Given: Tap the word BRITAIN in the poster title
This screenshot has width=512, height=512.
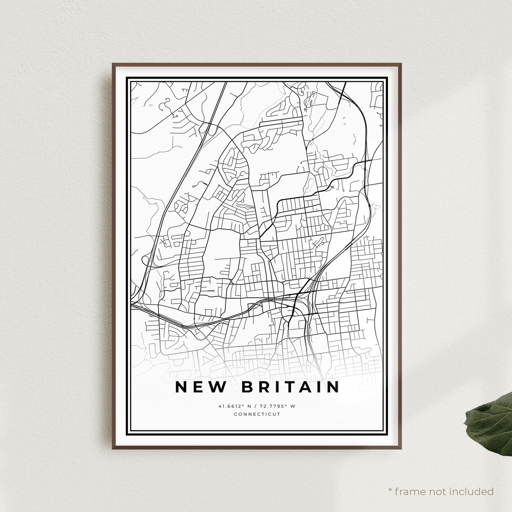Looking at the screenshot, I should click(291, 387).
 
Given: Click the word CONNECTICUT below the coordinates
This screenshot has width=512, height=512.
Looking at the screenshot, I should click(257, 414).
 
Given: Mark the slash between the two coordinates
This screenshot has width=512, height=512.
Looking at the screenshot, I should click(257, 406).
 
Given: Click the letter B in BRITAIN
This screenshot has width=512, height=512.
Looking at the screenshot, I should click(247, 387).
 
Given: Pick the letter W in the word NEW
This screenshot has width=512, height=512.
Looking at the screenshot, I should click(217, 387).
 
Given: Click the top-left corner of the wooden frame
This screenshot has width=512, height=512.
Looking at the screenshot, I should click(113, 64).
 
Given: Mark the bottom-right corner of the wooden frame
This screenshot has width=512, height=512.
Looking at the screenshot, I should click(401, 449).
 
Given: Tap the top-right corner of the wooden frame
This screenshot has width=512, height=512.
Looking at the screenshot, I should click(401, 64).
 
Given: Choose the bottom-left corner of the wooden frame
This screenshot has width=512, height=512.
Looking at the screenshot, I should click(113, 449).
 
